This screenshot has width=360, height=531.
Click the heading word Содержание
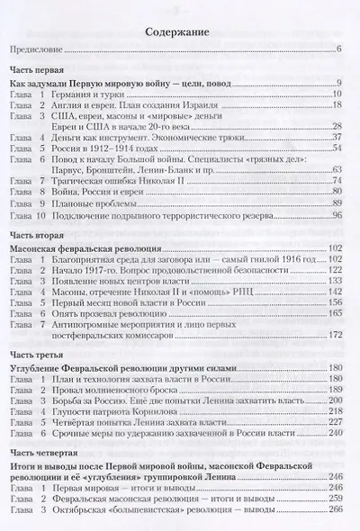tap(180, 35)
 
